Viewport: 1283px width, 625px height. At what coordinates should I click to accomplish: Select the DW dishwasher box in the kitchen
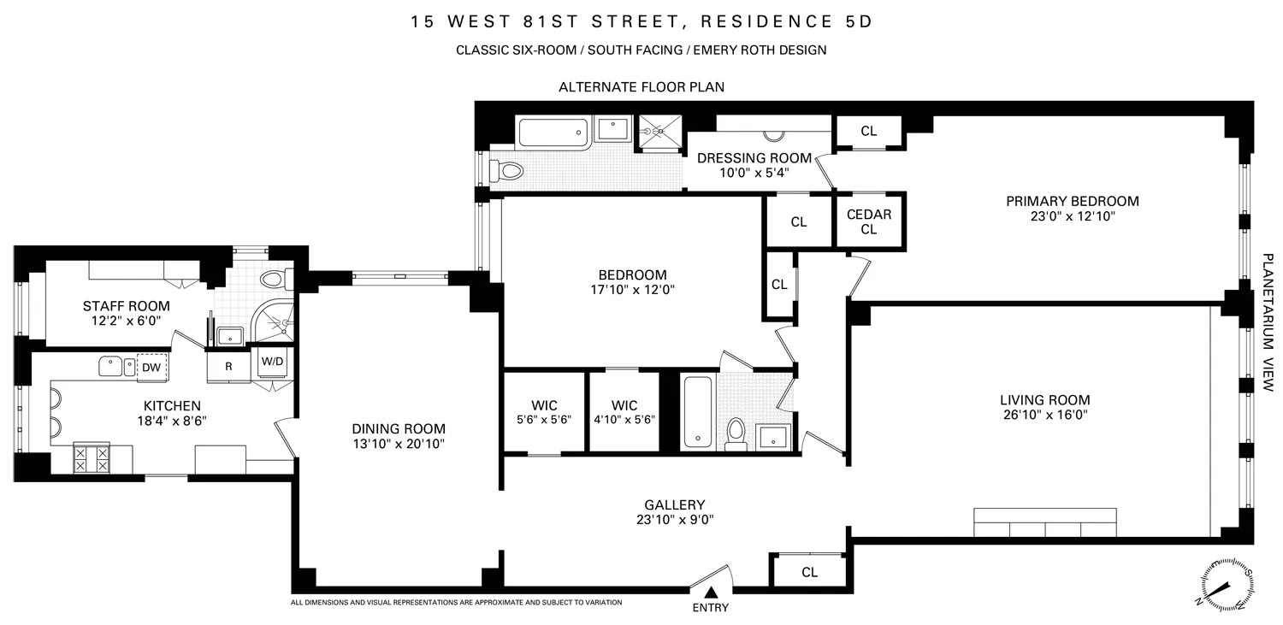click(151, 367)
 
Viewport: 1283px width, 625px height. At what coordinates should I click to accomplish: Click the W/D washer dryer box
click(273, 361)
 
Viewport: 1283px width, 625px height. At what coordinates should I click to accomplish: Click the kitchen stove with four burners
click(91, 457)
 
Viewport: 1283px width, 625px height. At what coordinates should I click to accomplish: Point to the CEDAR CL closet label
click(869, 221)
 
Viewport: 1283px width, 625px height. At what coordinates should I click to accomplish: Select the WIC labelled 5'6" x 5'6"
click(544, 419)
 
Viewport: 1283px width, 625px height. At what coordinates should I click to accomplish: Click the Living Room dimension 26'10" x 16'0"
click(1044, 416)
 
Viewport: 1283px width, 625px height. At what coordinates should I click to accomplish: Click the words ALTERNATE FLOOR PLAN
click(641, 87)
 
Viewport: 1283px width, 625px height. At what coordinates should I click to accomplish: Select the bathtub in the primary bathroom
click(553, 133)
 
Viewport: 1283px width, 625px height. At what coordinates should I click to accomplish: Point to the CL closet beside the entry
click(809, 572)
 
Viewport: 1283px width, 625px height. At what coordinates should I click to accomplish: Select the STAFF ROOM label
click(126, 305)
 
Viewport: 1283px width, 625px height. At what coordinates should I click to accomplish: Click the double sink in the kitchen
click(116, 366)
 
